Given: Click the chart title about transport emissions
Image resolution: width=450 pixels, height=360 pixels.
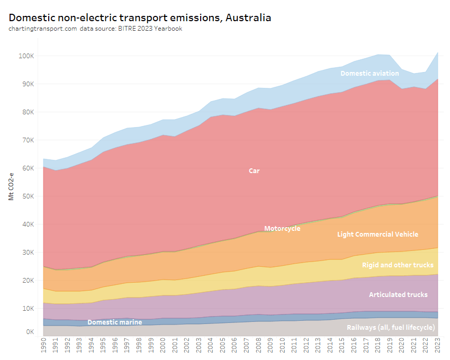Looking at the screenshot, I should (140, 17).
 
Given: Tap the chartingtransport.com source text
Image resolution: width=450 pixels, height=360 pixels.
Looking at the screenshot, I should (42, 29).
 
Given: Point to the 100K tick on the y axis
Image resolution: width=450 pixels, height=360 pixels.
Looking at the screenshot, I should (26, 56).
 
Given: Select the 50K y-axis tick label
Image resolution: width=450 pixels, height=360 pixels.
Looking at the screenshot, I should (28, 196).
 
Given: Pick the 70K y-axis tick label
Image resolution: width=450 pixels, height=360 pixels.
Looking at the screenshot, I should (28, 140).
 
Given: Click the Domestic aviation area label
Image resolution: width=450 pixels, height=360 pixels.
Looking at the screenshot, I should (370, 73).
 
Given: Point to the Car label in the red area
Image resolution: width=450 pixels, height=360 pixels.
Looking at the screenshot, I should (254, 171).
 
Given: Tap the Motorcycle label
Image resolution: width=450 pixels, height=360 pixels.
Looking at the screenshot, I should (282, 229).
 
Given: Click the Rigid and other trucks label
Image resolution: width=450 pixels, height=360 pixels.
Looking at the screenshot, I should (398, 265).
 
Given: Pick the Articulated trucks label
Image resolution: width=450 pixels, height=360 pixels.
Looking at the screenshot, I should (398, 294).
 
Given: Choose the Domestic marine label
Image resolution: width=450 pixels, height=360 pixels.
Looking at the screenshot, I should (114, 322).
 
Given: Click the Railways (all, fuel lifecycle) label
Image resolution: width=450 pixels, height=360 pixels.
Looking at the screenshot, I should (391, 328).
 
